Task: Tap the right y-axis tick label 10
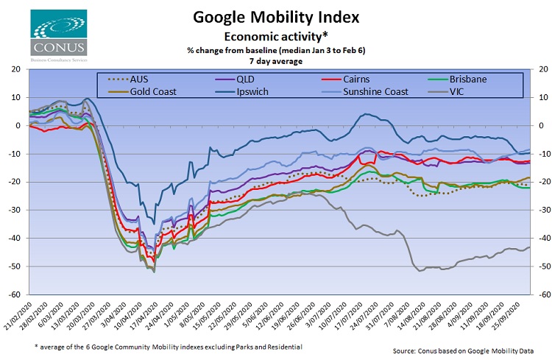point(539,97)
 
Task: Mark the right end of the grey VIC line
point(528,247)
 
